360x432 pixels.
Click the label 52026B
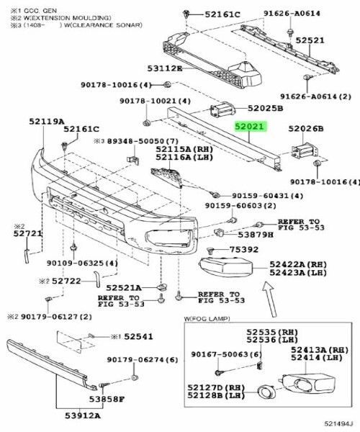coord(306,129)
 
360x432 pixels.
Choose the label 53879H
coord(256,234)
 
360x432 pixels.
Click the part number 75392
coord(243,249)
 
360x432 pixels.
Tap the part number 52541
coord(138,336)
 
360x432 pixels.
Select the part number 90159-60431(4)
coord(267,196)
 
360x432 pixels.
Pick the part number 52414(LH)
coord(317,357)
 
